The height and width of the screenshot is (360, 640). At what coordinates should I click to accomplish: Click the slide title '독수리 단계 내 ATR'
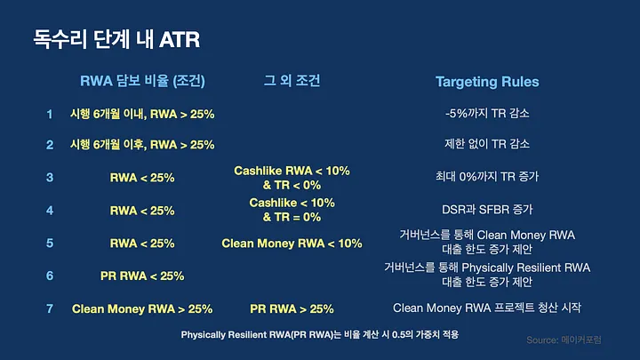116,39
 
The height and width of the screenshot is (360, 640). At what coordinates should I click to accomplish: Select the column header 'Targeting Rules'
487,82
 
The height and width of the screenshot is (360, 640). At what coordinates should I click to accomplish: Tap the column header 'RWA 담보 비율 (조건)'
142,81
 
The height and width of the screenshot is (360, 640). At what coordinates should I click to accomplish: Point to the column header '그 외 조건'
292,80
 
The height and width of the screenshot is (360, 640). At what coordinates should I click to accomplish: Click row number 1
50,114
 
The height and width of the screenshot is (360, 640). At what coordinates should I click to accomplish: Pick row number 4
50,211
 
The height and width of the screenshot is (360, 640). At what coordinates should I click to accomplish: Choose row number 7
50,308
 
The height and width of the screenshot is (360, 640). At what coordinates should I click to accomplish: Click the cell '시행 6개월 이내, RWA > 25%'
142,114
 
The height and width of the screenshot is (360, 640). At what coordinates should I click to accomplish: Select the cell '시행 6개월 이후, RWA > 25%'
142,145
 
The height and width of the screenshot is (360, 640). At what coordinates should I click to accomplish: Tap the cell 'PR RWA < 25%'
142,276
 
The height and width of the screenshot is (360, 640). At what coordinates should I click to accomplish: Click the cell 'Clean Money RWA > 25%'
142,309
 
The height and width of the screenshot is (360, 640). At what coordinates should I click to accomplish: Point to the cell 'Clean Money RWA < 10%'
292,244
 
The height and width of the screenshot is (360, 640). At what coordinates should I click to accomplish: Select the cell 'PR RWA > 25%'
292,309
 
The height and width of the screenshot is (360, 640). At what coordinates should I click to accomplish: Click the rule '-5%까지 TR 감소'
487,113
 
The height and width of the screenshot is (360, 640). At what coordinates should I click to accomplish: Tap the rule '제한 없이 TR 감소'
487,144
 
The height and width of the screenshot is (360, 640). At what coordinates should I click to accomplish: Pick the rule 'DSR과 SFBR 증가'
487,210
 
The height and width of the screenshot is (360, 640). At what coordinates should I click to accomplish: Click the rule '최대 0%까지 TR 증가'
487,177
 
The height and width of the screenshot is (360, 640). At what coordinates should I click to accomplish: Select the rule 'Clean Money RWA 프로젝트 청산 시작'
487,308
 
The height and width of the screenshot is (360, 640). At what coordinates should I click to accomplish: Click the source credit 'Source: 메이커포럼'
564,340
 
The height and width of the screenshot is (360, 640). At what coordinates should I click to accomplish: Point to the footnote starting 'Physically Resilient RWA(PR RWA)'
320,335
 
